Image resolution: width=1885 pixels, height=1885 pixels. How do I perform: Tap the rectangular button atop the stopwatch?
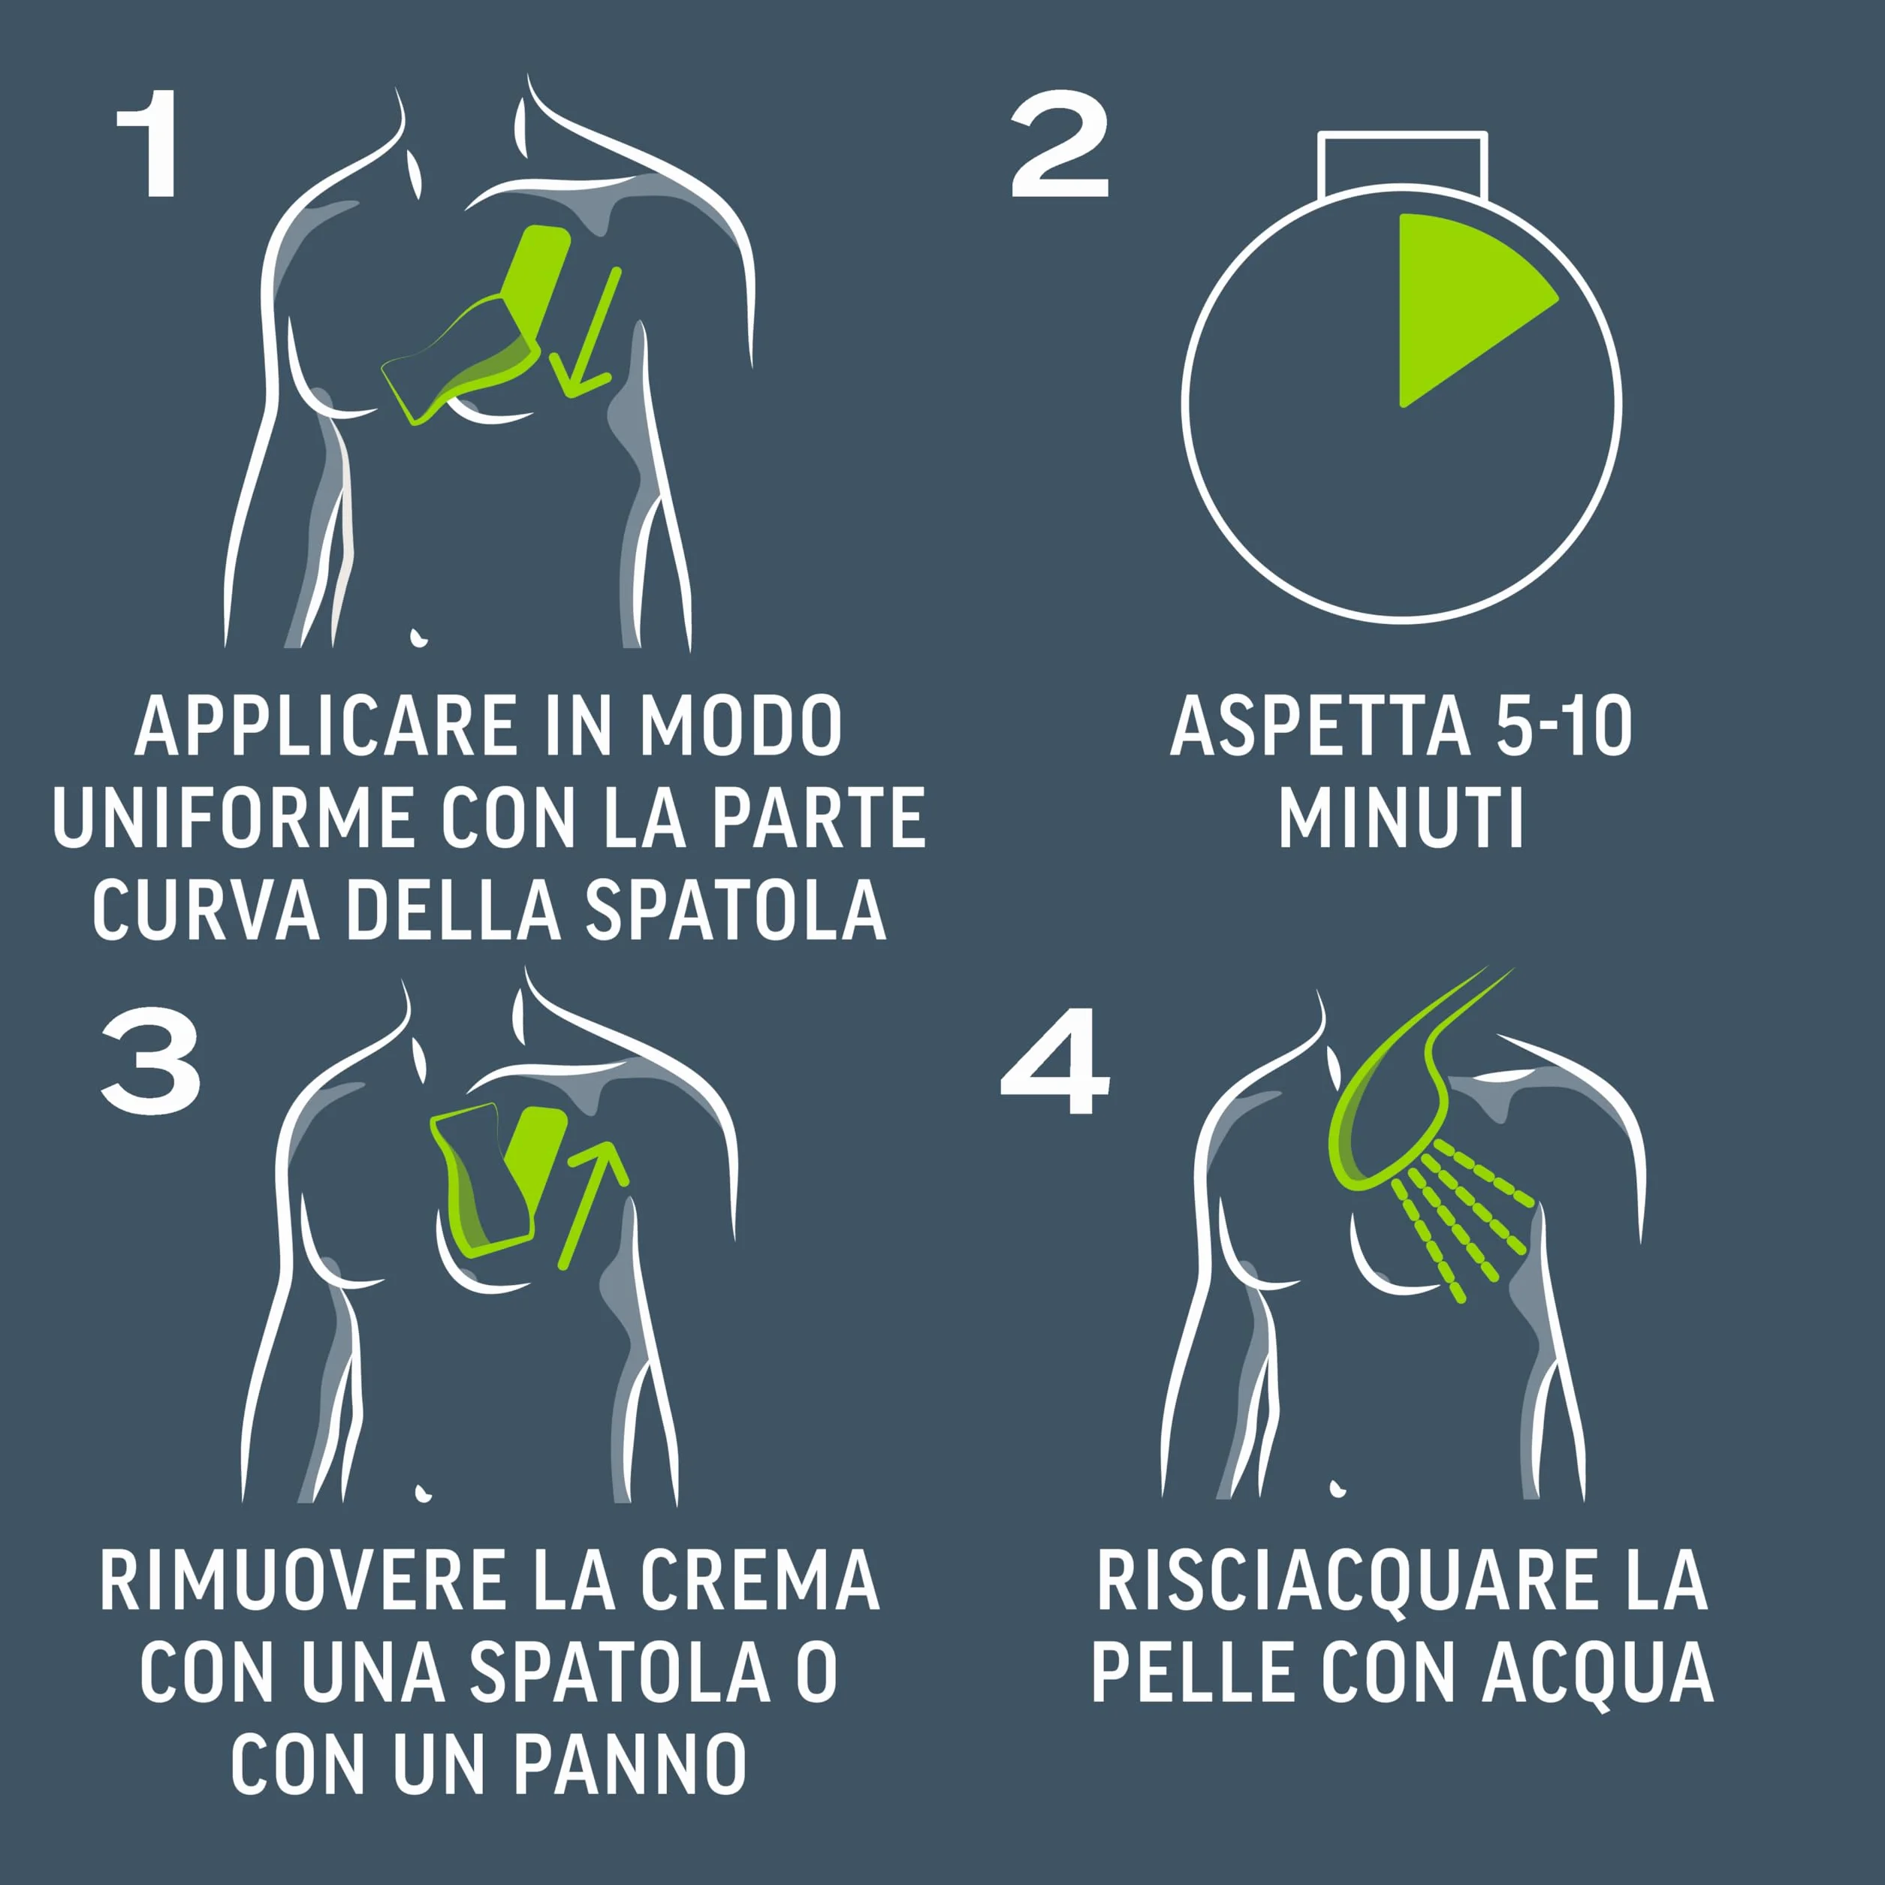coord(1402,161)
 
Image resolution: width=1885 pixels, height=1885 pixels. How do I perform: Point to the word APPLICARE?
coord(326,726)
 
